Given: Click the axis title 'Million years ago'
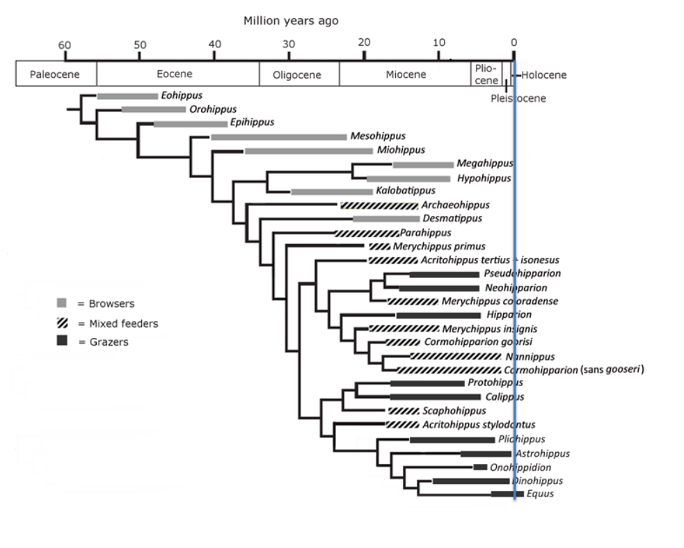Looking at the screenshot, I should (x=291, y=21).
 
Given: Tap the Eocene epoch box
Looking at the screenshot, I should (x=177, y=74).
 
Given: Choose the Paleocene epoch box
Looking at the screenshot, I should (x=56, y=74).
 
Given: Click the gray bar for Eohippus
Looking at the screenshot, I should (x=127, y=96).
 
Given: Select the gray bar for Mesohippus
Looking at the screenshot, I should (x=278, y=136).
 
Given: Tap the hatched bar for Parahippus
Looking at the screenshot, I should (x=367, y=233).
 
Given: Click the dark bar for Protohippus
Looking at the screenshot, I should (x=427, y=383).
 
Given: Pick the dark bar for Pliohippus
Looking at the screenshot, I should (x=452, y=440).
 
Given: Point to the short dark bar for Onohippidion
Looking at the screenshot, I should (x=480, y=467).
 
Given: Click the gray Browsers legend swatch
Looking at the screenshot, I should (x=62, y=303).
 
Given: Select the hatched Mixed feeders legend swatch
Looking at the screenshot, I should (x=62, y=323).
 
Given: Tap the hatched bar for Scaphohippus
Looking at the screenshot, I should (x=403, y=411).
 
